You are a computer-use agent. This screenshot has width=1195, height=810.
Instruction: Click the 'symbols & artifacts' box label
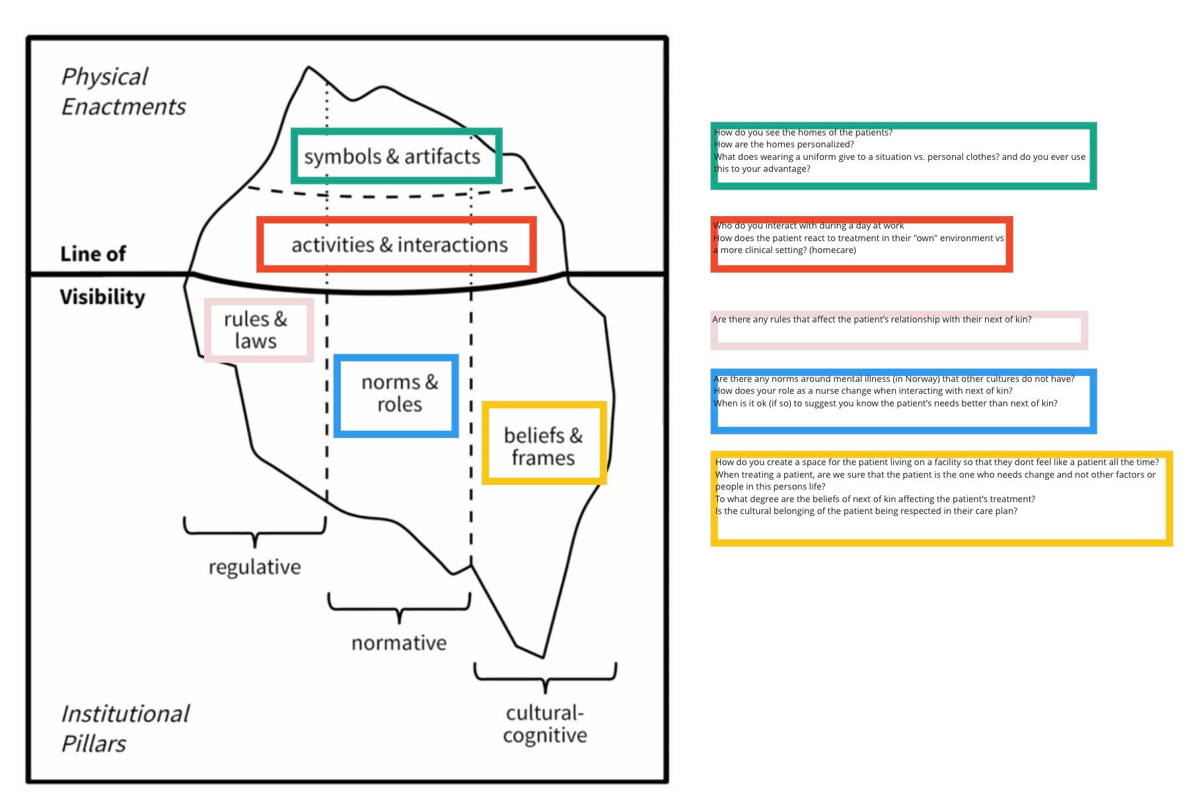[x=392, y=157]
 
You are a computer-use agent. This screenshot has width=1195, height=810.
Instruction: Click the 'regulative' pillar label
[x=254, y=567]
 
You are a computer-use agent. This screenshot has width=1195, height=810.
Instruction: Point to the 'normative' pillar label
[x=399, y=643]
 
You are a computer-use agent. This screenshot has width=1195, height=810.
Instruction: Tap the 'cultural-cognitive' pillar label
[x=545, y=724]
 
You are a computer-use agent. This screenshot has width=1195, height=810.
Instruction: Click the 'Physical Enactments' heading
[x=123, y=91]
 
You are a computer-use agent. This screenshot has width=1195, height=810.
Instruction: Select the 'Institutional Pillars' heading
[x=124, y=728]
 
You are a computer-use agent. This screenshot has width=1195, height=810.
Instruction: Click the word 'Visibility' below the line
[x=102, y=297]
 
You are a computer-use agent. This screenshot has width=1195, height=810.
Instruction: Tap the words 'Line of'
[x=93, y=254]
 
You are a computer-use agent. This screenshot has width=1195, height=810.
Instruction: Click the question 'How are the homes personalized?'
[x=783, y=145]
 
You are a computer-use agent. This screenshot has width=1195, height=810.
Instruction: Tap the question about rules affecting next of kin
[x=871, y=320]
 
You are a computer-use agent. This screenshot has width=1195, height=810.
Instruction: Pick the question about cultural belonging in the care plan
[x=865, y=511]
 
